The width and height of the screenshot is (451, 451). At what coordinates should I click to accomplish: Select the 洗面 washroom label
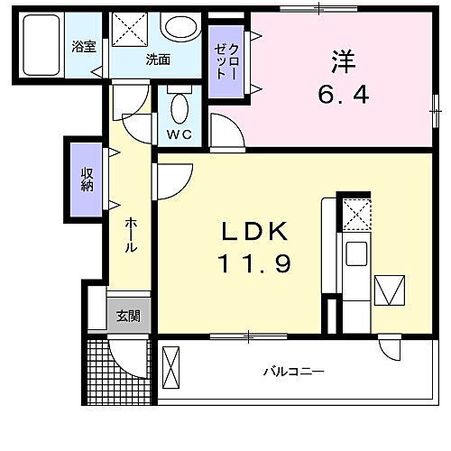pos(160,61)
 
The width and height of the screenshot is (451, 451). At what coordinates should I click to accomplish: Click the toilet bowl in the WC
pos(179,110)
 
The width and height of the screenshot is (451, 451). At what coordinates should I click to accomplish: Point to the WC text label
pos(179,135)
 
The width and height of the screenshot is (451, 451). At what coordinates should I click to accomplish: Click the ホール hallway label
pos(131,234)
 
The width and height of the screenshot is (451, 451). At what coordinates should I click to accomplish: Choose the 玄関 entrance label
pos(128,316)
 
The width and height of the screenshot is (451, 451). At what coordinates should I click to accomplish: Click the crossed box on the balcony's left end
pos(172,370)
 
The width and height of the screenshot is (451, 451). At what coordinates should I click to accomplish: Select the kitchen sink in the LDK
pos(354,255)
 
